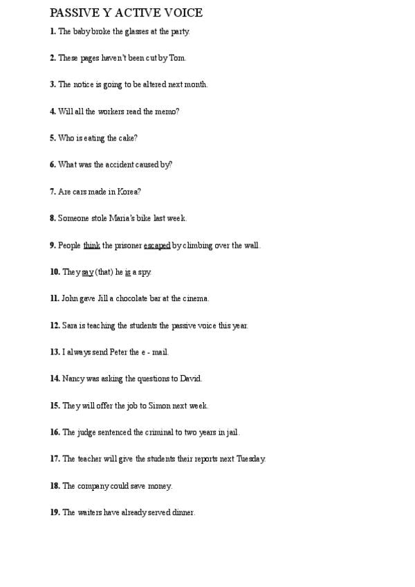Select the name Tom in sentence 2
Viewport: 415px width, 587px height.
click(178, 58)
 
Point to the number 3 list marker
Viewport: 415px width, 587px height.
click(53, 84)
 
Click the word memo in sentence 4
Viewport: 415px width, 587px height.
click(166, 111)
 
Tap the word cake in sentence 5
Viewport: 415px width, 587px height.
click(128, 138)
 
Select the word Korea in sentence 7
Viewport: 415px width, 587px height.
click(128, 192)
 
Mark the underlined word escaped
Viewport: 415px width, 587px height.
click(157, 245)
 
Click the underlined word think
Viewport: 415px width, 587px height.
click(92, 245)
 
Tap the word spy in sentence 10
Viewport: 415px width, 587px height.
click(145, 272)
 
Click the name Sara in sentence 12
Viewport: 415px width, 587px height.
click(69, 325)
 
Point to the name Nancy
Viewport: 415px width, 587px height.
click(73, 379)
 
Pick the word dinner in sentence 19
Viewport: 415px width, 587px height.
click(183, 513)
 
